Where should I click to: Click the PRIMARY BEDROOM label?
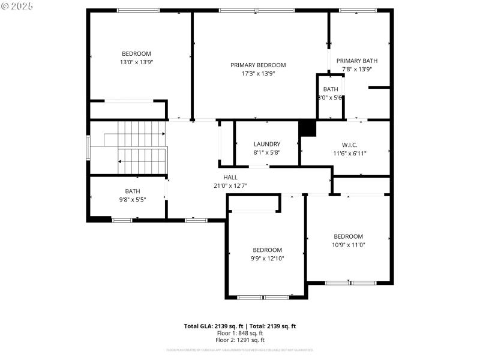point(258,65)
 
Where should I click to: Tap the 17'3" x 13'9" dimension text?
point(258,73)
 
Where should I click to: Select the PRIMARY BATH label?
point(356,61)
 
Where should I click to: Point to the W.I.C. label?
point(350,145)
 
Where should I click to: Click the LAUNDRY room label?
point(266,144)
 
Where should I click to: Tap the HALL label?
point(230,178)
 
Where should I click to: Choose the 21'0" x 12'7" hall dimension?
point(230,185)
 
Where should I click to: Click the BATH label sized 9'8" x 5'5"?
point(133,191)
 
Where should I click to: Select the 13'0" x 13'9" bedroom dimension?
point(136,62)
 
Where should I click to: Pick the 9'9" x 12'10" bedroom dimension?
point(267,259)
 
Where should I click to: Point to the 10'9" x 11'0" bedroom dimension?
point(349,244)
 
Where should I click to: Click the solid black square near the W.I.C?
point(307,128)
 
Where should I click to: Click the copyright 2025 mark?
point(17,5)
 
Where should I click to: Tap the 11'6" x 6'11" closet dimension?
point(350,153)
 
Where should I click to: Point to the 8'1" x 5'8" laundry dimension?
point(266,152)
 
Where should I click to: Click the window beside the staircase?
point(88,148)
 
